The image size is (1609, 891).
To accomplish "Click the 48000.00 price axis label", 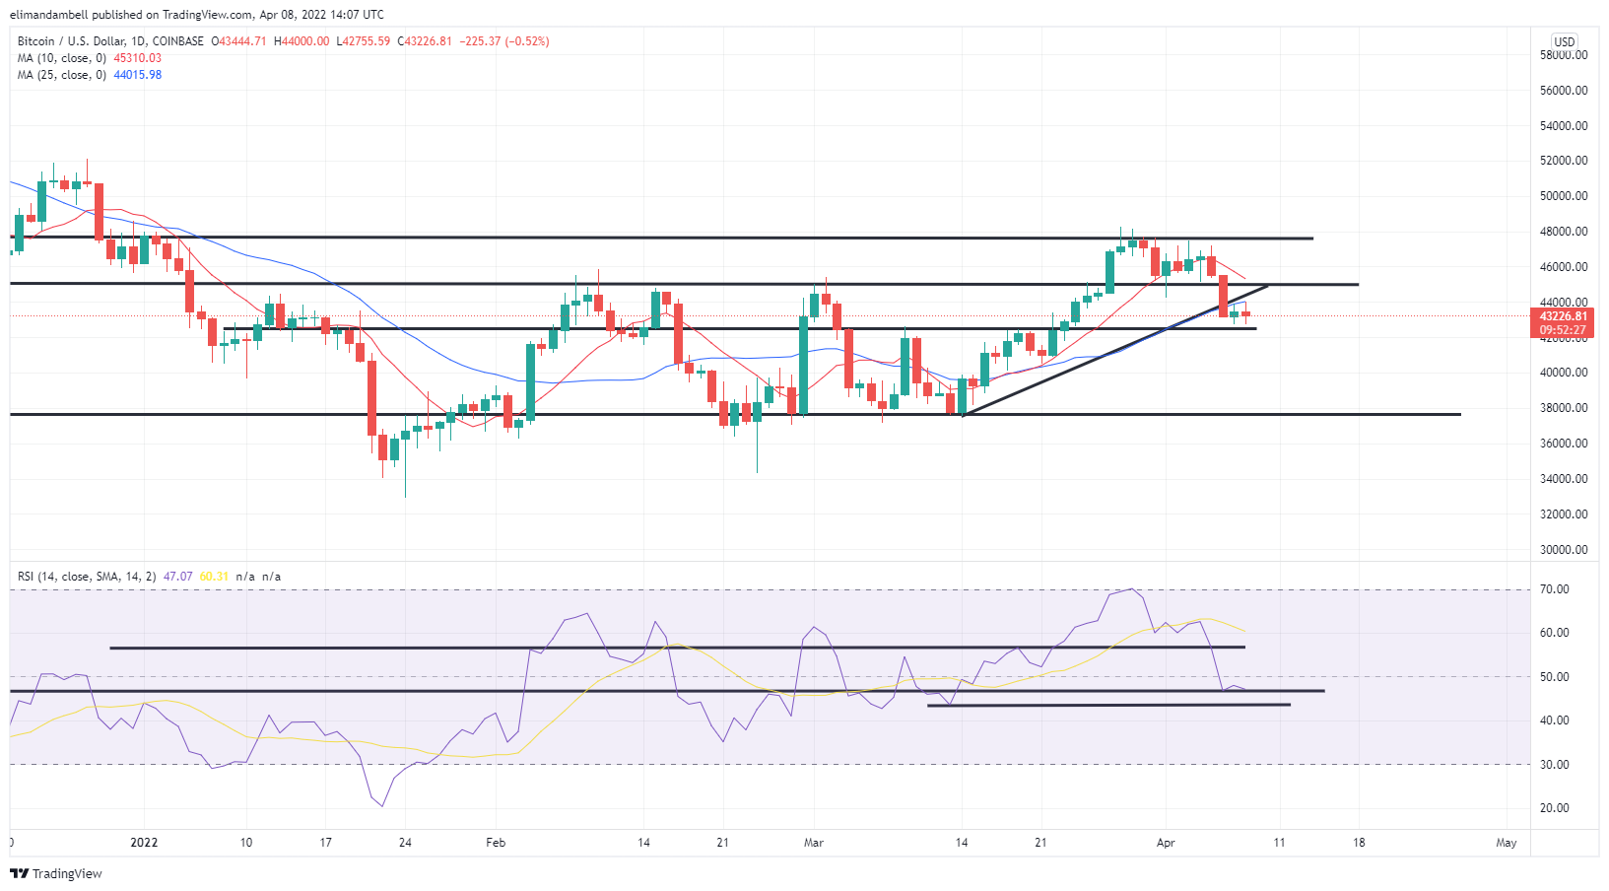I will (x=1565, y=232).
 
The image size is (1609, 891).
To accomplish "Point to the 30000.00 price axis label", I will (x=1565, y=550).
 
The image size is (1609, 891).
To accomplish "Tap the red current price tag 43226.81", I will (x=1563, y=316).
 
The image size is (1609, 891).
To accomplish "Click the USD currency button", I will (x=1564, y=41).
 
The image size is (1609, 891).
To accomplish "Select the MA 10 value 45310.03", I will (x=137, y=58).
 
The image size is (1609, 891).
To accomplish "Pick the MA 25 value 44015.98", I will (x=137, y=75).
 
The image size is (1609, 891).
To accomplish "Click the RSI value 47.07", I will (x=177, y=577).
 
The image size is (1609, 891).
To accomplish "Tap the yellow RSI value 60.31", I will (x=214, y=577).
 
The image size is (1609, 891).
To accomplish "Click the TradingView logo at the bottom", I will (x=56, y=873).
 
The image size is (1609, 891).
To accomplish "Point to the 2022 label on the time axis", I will (x=144, y=843).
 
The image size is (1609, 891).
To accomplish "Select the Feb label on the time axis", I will (x=496, y=843).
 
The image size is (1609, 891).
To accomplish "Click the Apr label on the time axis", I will (x=1166, y=843).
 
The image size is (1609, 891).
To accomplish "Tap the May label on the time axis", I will (x=1506, y=843).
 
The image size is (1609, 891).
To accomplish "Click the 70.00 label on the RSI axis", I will (x=1555, y=589).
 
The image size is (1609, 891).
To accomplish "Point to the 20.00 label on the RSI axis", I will (x=1555, y=808).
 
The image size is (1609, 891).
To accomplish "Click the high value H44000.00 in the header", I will (x=302, y=41).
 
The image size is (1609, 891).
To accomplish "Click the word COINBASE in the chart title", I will (x=177, y=41).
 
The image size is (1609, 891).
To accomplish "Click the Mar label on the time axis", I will (x=813, y=843).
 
